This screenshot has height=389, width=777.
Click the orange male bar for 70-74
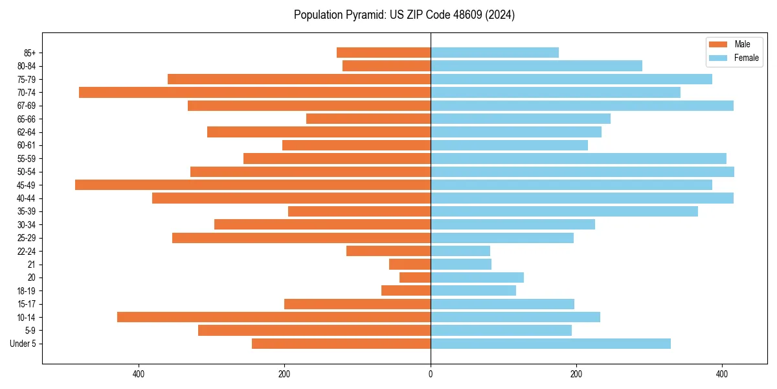(x=254, y=93)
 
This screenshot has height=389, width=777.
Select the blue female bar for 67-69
(x=582, y=106)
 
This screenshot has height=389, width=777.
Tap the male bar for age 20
(x=415, y=277)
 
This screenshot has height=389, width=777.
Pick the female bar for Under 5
(x=550, y=344)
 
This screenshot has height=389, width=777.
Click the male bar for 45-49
(x=253, y=185)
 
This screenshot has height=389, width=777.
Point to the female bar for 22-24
(x=460, y=251)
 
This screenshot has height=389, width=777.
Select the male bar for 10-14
(x=274, y=317)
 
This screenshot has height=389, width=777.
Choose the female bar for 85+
(x=495, y=53)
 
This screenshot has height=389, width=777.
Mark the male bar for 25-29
(x=301, y=238)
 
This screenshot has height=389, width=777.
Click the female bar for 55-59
(x=578, y=159)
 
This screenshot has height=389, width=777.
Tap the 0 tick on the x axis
(x=431, y=374)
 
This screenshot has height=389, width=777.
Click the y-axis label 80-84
(x=27, y=66)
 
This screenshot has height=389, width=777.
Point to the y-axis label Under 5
(x=23, y=344)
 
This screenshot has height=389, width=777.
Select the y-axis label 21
(x=32, y=265)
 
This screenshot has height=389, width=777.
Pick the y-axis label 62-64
(x=27, y=132)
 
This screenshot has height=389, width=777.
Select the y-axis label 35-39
(x=27, y=211)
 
